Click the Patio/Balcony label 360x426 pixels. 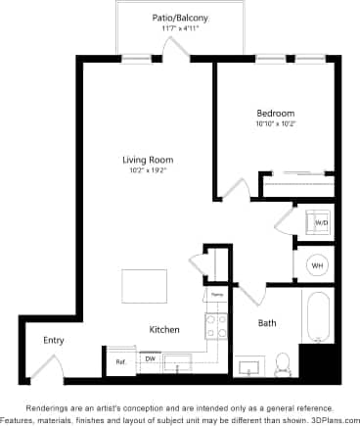click(x=180, y=19)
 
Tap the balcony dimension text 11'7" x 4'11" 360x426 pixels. click(x=180, y=29)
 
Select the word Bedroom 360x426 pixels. click(x=275, y=114)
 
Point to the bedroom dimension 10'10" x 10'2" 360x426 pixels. click(x=275, y=124)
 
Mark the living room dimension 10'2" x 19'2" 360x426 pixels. click(x=144, y=170)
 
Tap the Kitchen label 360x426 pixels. click(x=163, y=330)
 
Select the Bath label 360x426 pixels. click(x=267, y=322)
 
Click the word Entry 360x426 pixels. click(x=53, y=340)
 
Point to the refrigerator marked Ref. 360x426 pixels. click(x=120, y=361)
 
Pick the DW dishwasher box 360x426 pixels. click(x=150, y=359)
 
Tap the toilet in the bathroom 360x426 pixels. click(x=283, y=363)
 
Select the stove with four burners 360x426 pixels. click(x=215, y=323)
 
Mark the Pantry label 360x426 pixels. click(x=216, y=294)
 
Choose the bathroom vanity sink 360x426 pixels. click(x=249, y=367)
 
